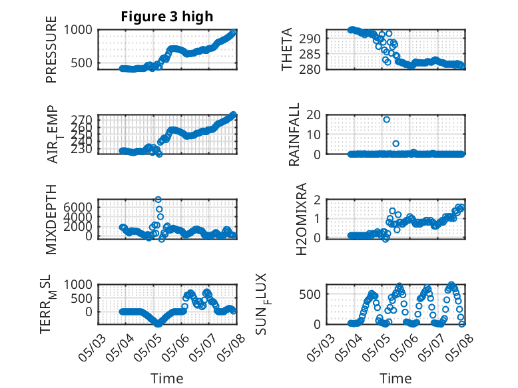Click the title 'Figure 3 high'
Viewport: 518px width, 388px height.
point(167,17)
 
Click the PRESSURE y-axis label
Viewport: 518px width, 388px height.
point(51,49)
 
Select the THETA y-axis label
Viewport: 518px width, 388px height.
point(287,49)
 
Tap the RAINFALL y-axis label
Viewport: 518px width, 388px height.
point(294,134)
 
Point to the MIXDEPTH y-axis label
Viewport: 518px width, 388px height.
point(51,219)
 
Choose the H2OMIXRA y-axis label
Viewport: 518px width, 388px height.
point(302,219)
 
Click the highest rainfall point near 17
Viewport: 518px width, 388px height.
point(386,120)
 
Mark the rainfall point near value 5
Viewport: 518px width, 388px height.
point(395,143)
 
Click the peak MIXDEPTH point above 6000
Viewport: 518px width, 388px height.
point(158,200)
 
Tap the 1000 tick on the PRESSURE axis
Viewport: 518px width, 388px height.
point(78,30)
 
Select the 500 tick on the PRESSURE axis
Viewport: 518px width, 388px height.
point(82,63)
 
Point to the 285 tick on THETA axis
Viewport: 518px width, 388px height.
point(310,54)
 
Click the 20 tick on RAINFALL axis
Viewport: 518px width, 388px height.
point(314,114)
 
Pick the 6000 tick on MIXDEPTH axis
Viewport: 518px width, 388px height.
point(78,207)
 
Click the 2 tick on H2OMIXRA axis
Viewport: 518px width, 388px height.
point(317,200)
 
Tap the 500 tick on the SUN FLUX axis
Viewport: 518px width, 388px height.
point(310,294)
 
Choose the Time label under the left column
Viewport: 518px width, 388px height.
point(167,378)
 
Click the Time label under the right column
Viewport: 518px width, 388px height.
point(395,378)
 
